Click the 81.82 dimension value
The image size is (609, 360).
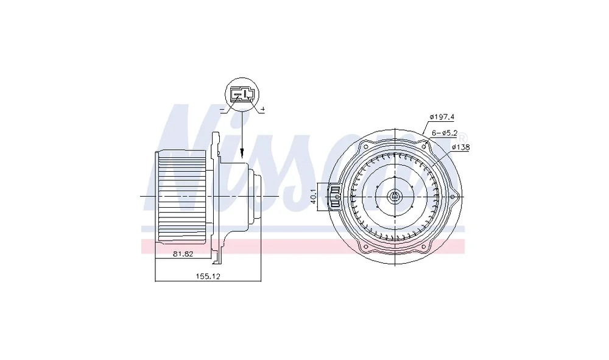183,254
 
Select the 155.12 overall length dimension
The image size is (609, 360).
208,276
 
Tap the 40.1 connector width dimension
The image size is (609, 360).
314,197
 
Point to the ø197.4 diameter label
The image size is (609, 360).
442,116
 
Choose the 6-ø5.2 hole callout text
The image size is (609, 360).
445,133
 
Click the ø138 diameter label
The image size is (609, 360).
460,147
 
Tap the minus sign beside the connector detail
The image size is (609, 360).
222,110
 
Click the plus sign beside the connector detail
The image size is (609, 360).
262,110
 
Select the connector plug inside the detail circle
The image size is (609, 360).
242,94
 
